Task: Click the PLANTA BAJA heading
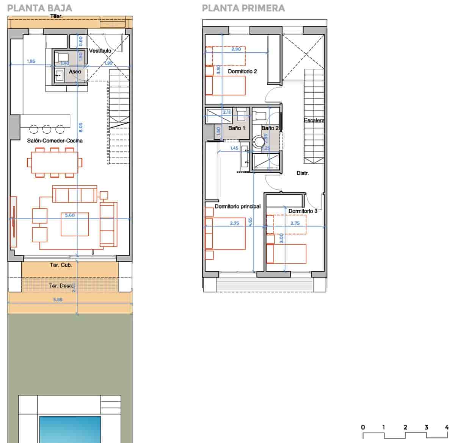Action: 39,8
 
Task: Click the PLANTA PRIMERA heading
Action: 243,8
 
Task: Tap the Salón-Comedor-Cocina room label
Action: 55,140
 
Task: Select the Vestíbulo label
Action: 100,50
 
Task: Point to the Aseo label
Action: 75,72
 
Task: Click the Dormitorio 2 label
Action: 242,71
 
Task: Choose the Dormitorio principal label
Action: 237,206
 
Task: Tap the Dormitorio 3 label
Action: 303,211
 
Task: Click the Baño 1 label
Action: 237,128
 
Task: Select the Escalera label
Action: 314,120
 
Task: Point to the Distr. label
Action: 302,173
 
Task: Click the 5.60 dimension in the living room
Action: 70,215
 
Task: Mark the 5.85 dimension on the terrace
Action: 58,299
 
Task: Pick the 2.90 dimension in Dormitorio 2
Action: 236,49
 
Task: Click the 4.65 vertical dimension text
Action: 250,221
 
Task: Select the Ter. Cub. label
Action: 61,265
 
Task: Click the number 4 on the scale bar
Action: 447,427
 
